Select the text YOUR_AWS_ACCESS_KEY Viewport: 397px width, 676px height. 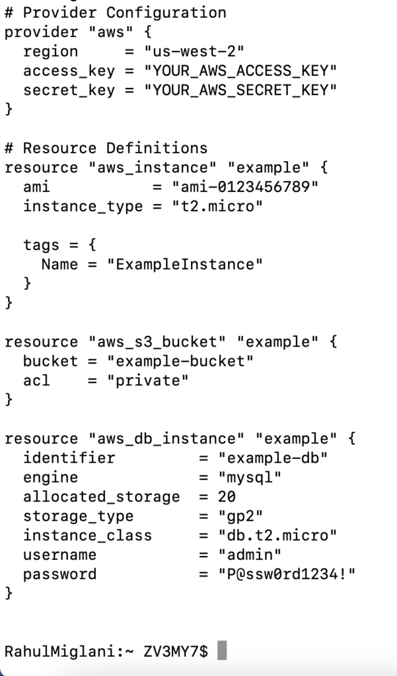(241, 71)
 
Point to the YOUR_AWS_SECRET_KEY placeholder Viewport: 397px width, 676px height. (241, 90)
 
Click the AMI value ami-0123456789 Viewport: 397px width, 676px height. (245, 187)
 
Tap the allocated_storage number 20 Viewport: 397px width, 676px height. (227, 496)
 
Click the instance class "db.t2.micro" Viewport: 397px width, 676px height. (277, 535)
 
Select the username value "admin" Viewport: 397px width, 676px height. (250, 555)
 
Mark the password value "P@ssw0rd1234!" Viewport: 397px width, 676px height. (287, 574)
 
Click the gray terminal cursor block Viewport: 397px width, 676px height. (222, 651)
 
